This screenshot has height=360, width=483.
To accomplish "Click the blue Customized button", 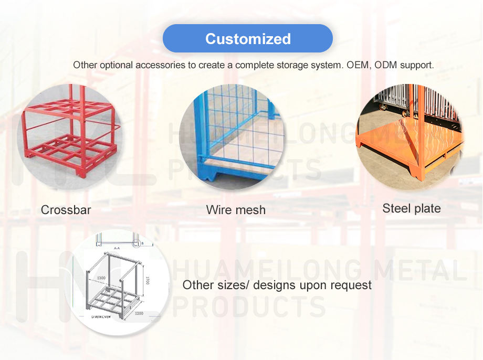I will pyautogui.click(x=248, y=39).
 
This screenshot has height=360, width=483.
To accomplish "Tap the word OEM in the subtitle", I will pyautogui.click(x=358, y=66).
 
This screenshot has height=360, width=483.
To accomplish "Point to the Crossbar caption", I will pyautogui.click(x=66, y=210).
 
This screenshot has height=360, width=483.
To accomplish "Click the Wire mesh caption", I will pyautogui.click(x=236, y=210).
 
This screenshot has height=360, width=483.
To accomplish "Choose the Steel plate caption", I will pyautogui.click(x=411, y=208).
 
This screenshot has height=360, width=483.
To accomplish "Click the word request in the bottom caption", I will pyautogui.click(x=352, y=285).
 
